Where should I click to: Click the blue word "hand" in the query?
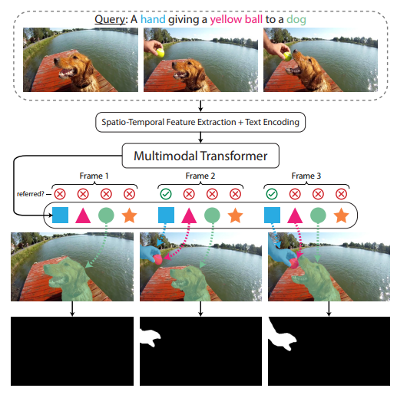[x=153, y=19]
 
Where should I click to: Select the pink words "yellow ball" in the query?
[x=237, y=20]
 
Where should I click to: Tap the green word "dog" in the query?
[x=296, y=20]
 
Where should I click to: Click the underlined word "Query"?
[x=110, y=20]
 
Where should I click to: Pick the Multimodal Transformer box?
[x=200, y=156]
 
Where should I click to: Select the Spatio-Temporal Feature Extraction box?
[x=200, y=122]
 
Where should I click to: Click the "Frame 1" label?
[x=94, y=176]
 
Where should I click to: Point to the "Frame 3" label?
[x=306, y=176]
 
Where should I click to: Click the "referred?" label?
[x=31, y=194]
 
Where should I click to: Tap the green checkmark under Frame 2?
[x=166, y=194]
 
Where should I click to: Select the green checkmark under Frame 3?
[x=272, y=194]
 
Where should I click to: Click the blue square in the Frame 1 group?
[x=60, y=215]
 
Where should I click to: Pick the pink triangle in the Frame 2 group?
[x=189, y=215]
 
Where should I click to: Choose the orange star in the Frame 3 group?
[x=341, y=215]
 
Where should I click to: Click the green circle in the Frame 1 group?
[x=106, y=215]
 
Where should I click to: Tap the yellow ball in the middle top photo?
[x=160, y=53]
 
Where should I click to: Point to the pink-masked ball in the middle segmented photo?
[x=157, y=259]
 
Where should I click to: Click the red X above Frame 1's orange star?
[x=129, y=194]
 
